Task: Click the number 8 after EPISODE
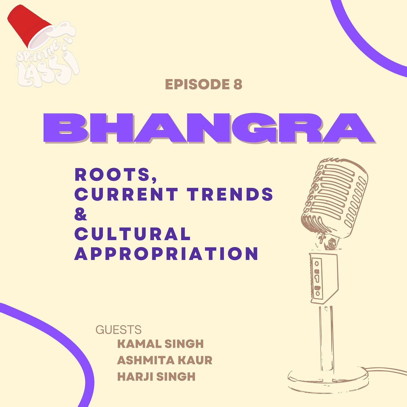point(238,85)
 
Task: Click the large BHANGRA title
point(209,128)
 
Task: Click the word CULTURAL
point(133,234)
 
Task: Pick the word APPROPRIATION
point(166,253)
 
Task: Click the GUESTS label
point(119,330)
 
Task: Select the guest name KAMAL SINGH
point(160,344)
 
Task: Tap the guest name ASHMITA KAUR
point(165,360)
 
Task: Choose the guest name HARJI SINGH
point(156,376)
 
